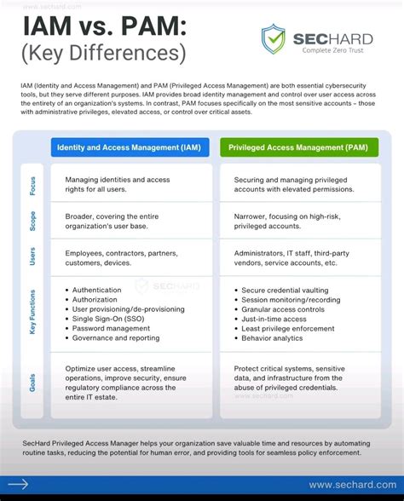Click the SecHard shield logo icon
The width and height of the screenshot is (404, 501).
click(x=274, y=38)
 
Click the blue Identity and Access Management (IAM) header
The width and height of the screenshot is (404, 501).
click(x=129, y=147)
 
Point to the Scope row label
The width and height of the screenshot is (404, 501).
click(x=32, y=220)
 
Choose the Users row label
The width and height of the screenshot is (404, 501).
click(x=32, y=256)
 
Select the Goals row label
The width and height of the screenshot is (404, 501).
click(x=32, y=383)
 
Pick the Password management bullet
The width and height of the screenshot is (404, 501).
click(x=111, y=328)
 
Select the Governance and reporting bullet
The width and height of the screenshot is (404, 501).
click(x=115, y=338)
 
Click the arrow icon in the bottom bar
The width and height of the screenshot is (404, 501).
click(x=19, y=485)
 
